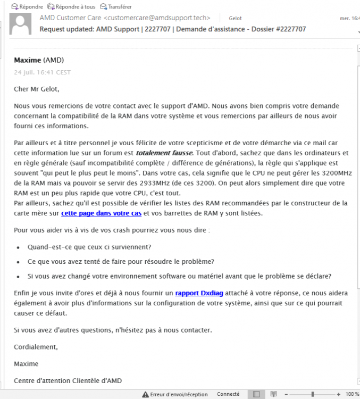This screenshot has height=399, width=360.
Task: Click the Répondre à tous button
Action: (71, 7)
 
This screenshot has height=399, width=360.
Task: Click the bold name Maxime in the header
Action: (27, 60)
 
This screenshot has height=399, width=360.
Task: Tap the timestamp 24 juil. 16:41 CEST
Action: (42, 72)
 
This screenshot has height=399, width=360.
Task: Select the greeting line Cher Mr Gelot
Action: (37, 89)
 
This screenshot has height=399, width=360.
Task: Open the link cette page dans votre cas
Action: (101, 213)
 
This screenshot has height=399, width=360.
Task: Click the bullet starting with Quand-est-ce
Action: (89, 247)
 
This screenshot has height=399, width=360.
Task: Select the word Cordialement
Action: (36, 347)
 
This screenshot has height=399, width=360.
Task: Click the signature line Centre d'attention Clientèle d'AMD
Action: (68, 380)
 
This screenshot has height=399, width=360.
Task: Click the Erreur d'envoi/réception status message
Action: (179, 394)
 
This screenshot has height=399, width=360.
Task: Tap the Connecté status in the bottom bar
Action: (228, 394)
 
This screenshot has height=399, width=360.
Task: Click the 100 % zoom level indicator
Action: (352, 394)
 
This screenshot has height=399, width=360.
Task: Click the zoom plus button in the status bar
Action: (339, 394)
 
